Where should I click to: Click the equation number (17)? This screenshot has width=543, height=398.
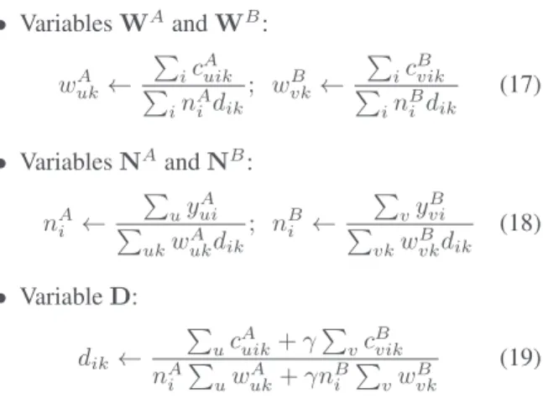520,85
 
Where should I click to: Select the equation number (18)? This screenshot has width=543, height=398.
520,223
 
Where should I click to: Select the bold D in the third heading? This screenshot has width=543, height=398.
120,296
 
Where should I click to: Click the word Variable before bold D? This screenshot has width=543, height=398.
62,296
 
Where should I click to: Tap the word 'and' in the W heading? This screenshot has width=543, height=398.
189,24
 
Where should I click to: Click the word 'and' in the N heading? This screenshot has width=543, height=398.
181,161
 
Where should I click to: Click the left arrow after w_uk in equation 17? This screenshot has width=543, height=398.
120,86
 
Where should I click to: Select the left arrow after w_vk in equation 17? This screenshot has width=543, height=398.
332,86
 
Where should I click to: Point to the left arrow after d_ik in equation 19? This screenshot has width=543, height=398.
130,359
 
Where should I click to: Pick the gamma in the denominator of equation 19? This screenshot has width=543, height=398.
311,378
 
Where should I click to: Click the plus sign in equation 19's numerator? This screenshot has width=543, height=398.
287,343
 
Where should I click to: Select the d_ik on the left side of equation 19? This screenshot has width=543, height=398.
93,359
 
